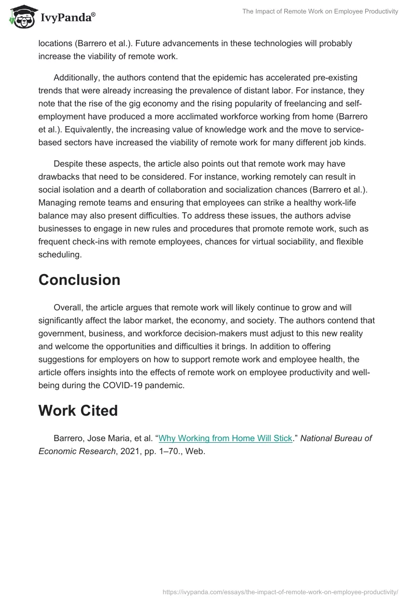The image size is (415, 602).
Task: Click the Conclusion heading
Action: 79,280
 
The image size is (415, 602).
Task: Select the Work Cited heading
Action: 78,411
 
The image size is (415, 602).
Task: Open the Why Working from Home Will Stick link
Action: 225,438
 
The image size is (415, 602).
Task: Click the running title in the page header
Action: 320,11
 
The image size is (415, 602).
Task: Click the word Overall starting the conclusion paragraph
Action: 68,308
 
